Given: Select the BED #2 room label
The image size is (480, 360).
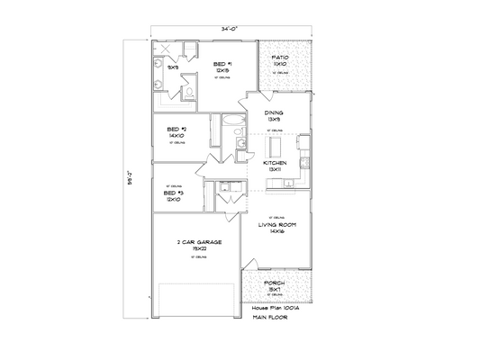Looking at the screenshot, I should pos(177,130).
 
